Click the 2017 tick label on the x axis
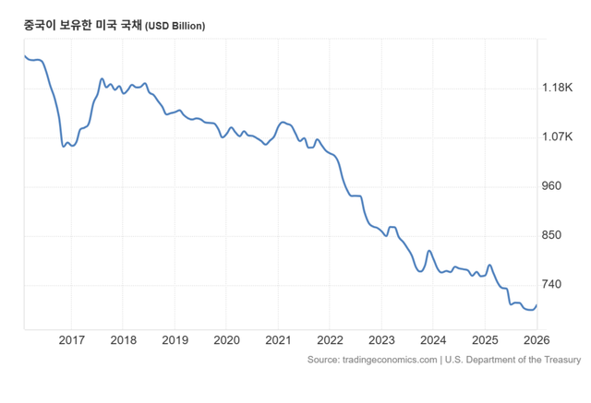coord(72,341)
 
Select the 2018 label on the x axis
coord(124,341)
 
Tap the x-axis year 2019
coord(175,341)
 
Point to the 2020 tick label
coord(227,341)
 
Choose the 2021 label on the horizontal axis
coord(279,341)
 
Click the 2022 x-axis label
coord(331,341)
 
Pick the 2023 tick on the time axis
coord(382,341)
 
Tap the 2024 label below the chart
coord(434,341)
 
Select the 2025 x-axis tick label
coord(486,341)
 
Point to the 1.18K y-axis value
coord(558,88)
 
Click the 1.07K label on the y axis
coord(558,137)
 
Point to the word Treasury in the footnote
coord(561,360)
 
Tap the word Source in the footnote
coord(323,360)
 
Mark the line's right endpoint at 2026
coord(537,305)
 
